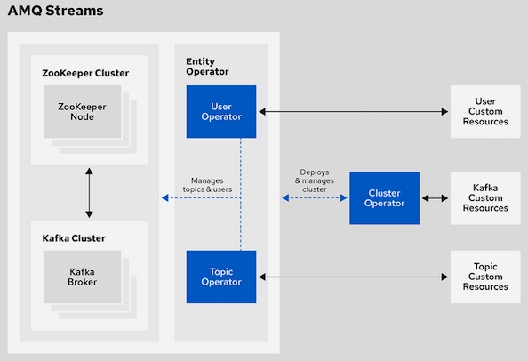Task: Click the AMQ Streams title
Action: (56, 11)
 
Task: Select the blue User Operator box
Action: (221, 111)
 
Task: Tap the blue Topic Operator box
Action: (221, 277)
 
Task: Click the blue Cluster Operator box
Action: (385, 198)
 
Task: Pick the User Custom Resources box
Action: (485, 111)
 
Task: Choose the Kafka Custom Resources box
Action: (485, 198)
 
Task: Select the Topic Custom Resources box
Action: (485, 277)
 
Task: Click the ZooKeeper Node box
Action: (82, 111)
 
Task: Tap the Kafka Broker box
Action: (82, 277)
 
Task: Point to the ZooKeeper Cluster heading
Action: (85, 73)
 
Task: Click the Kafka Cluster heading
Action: (74, 238)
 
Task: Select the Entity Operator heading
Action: (207, 67)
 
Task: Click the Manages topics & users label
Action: (207, 185)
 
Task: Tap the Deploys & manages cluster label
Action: (315, 180)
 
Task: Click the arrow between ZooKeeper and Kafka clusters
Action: (89, 193)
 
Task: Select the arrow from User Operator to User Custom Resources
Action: (353, 111)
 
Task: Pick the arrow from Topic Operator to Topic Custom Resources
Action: (353, 277)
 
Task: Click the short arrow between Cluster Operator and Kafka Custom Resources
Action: (435, 198)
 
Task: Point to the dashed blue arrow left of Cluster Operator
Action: (315, 197)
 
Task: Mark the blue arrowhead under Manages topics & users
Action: (164, 197)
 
